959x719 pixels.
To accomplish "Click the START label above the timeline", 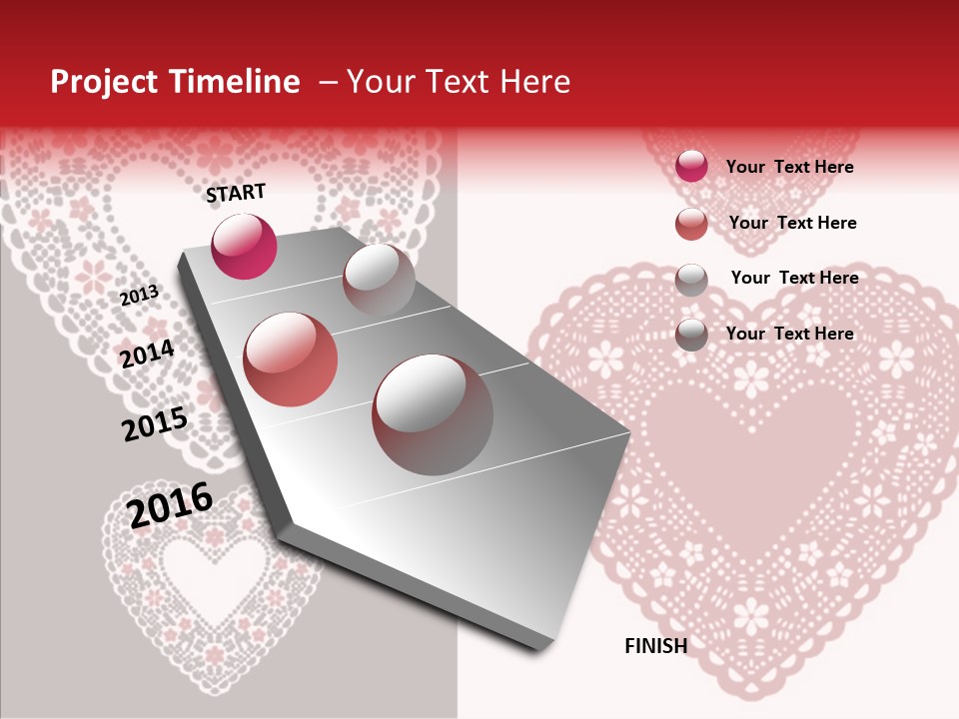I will pyautogui.click(x=236, y=193).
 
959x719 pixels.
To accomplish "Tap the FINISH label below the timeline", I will pyautogui.click(x=656, y=646).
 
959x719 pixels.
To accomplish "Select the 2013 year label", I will pyautogui.click(x=139, y=296).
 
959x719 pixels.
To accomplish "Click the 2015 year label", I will pyautogui.click(x=155, y=424).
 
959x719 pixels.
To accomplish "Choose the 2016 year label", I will pyautogui.click(x=170, y=504).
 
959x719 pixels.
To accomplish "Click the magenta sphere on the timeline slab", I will pyautogui.click(x=244, y=247).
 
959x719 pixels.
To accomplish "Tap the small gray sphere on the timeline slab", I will pyautogui.click(x=379, y=280).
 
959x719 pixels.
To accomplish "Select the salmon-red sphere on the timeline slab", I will pyautogui.click(x=291, y=359).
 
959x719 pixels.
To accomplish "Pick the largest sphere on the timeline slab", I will pyautogui.click(x=433, y=414).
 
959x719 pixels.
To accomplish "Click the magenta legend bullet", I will pyautogui.click(x=691, y=167).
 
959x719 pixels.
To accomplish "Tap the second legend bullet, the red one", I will pyautogui.click(x=691, y=224).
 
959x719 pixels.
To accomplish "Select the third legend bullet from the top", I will pyautogui.click(x=691, y=279).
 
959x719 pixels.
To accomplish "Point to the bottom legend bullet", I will pyautogui.click(x=691, y=335).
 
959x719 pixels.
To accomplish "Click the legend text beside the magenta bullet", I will pyautogui.click(x=789, y=167).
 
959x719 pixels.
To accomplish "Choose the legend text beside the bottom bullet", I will pyautogui.click(x=789, y=334).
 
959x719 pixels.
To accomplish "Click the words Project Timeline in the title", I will pyautogui.click(x=175, y=82).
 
